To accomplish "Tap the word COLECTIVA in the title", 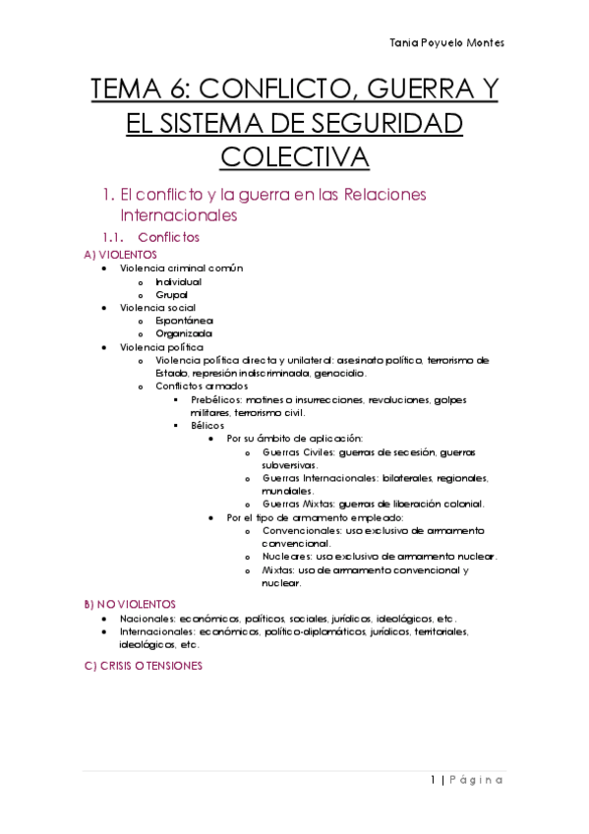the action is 294,156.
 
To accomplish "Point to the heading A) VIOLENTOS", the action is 122,254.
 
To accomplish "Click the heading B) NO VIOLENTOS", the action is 131,602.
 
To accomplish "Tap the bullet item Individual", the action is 178,281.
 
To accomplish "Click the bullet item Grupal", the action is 171,294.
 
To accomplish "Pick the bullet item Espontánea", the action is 184,321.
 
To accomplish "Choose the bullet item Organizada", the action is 183,333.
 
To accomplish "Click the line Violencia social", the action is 157,307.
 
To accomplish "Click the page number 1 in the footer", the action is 433,780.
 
